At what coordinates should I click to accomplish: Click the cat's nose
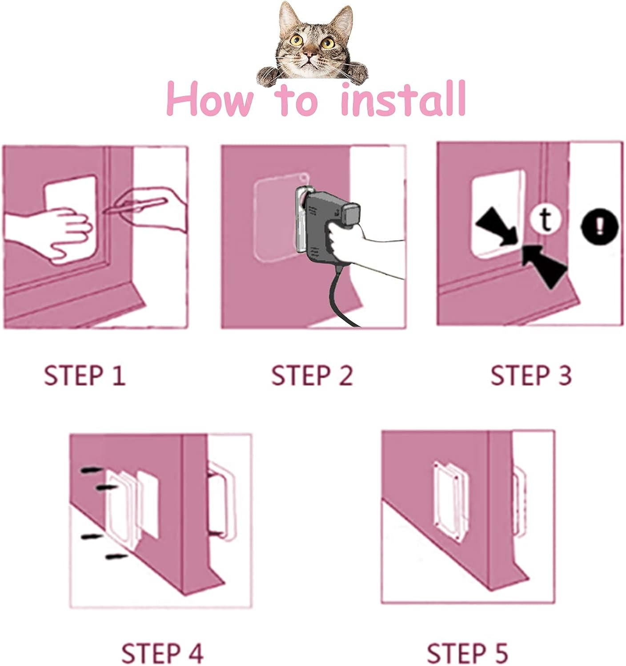[x=311, y=55]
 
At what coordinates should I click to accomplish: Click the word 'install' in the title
[x=403, y=99]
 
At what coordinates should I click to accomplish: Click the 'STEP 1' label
[x=84, y=376]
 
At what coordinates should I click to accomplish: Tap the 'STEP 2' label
[x=312, y=376]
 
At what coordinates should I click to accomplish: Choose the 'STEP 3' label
[x=531, y=376]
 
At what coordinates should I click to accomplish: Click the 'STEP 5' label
[x=467, y=653]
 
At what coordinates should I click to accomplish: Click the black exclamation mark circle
[x=599, y=226]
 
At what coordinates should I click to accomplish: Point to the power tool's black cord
[x=338, y=297]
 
